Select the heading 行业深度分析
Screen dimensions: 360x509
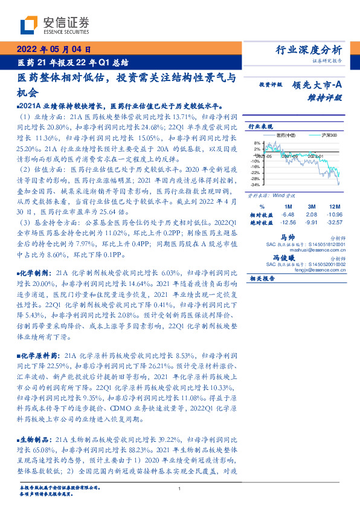[x=312, y=50]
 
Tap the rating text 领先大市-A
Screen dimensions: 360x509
[x=320, y=85]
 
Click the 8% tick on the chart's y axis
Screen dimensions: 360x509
[x=256, y=143]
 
